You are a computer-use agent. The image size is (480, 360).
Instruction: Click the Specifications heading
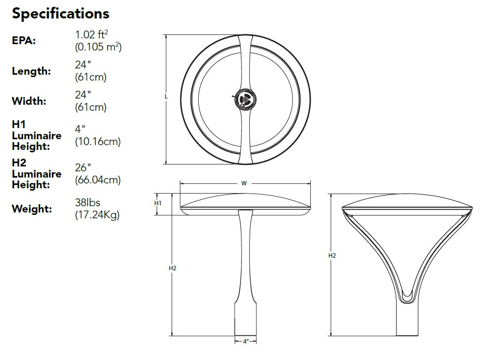pyautogui.click(x=61, y=14)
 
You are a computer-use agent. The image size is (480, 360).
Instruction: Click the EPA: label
pyautogui.click(x=24, y=40)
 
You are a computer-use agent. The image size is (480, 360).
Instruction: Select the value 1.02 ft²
pyautogui.click(x=92, y=34)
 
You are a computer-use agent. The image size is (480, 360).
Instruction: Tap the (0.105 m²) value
pyautogui.click(x=98, y=47)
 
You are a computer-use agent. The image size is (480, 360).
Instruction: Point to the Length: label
pyautogui.click(x=31, y=71)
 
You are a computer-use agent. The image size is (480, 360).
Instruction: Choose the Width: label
pyautogui.click(x=29, y=101)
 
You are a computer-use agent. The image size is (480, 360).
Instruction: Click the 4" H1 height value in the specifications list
pyautogui.click(x=80, y=129)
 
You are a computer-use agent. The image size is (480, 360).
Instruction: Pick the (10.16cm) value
pyautogui.click(x=98, y=142)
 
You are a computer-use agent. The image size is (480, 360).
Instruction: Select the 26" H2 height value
pyautogui.click(x=83, y=167)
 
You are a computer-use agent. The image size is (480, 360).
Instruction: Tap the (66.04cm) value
pyautogui.click(x=98, y=180)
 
